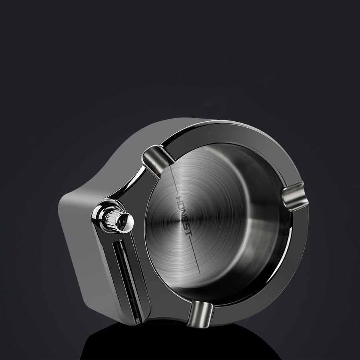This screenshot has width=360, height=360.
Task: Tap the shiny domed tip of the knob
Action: (127, 220)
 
